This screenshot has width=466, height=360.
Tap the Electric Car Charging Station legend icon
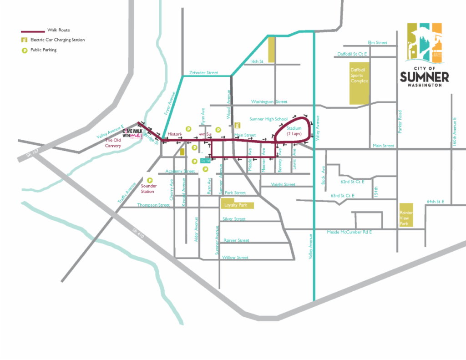24,40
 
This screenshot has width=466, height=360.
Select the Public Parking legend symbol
24,50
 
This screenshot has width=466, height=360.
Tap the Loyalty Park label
235,205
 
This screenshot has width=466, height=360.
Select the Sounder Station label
149,188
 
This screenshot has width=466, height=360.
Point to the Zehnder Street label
203,73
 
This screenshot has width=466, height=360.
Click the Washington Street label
269,102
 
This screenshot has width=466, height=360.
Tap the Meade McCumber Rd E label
349,233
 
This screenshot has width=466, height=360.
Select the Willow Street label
235,258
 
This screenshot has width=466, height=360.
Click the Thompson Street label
153,205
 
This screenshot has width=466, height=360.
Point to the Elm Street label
377,42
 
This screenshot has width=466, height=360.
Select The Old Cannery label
113,143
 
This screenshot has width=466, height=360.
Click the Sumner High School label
268,119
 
